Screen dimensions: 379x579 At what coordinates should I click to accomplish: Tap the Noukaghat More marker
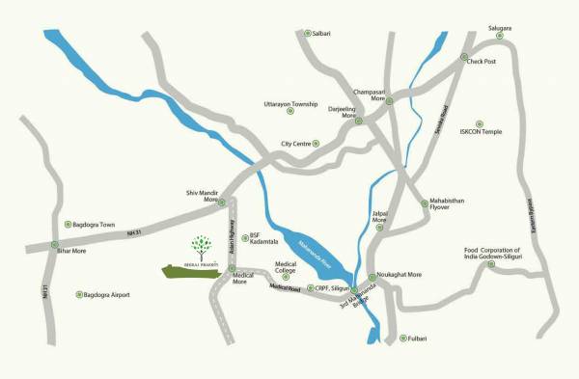pyautogui.click(x=372, y=276)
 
